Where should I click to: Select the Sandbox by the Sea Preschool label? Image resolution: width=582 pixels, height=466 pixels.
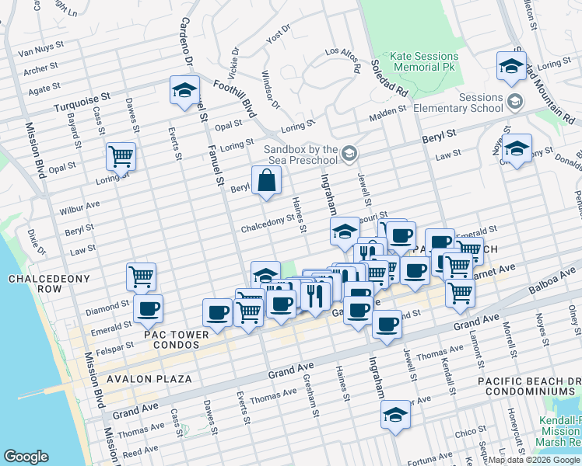coord(301,155)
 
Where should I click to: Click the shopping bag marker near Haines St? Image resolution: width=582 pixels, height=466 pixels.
coord(266,181)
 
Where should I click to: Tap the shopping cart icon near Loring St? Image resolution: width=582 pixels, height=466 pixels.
coord(121,156)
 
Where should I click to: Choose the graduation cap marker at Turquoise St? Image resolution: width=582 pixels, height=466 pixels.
coord(184,89)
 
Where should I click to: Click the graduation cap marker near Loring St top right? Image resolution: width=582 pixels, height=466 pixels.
coord(511,66)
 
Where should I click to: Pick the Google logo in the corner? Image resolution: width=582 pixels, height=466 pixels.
coord(26,457)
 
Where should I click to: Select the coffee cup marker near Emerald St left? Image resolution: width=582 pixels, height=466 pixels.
coord(148,309)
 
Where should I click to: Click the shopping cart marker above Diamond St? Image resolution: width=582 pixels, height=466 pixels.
coord(141,276)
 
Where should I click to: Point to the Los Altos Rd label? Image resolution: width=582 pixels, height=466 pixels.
coord(342,60)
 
